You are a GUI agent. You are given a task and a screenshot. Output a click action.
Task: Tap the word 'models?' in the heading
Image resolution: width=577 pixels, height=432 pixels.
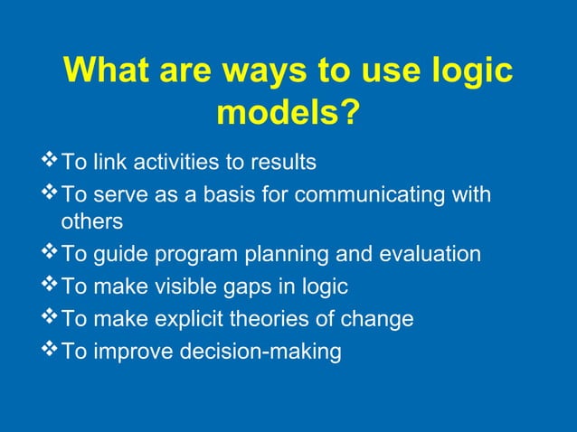(x=288, y=114)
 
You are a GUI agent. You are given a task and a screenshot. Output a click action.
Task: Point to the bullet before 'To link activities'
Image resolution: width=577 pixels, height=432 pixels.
(x=50, y=162)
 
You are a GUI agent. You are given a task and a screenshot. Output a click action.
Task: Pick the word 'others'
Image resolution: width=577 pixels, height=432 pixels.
(x=91, y=221)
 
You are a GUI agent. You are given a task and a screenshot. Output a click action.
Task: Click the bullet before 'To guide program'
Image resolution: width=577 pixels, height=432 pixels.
(x=50, y=254)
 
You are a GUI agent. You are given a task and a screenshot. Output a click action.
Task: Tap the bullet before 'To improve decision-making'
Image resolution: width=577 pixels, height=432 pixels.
(x=50, y=349)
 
